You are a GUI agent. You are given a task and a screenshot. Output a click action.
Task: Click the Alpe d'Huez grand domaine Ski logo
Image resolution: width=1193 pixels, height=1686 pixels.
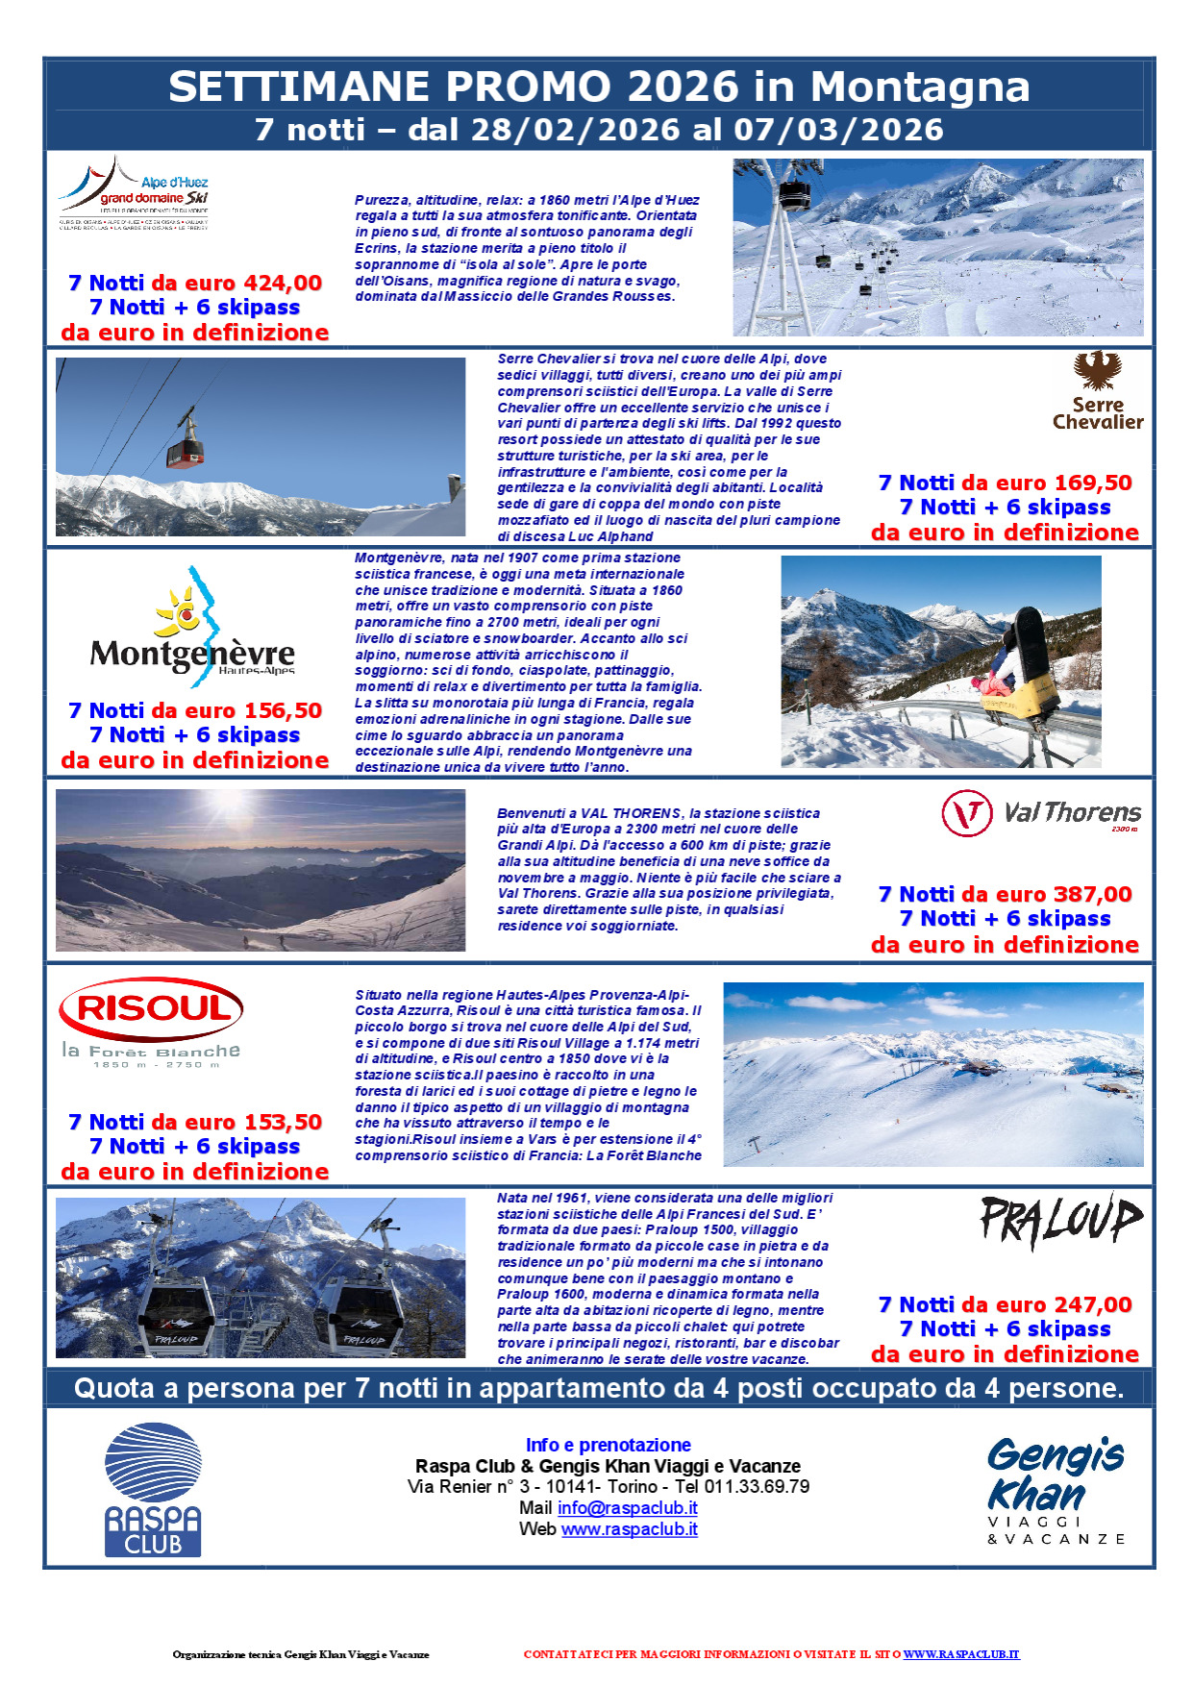pyautogui.click(x=135, y=195)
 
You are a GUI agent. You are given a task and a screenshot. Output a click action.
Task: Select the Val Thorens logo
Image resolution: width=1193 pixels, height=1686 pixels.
pyautogui.click(x=1041, y=813)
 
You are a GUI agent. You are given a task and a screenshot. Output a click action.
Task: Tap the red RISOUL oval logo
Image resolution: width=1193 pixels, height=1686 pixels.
pyautogui.click(x=151, y=1009)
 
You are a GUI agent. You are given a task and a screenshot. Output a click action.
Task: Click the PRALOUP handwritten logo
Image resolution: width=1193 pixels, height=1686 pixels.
pyautogui.click(x=1060, y=1221)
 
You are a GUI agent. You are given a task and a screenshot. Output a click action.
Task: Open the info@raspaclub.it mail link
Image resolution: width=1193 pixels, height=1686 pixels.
pyautogui.click(x=627, y=1508)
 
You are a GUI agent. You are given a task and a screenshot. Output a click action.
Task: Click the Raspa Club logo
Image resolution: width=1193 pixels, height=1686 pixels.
pyautogui.click(x=153, y=1489)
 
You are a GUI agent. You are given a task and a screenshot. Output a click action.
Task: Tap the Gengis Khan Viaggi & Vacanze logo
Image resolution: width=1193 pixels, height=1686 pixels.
pyautogui.click(x=1056, y=1489)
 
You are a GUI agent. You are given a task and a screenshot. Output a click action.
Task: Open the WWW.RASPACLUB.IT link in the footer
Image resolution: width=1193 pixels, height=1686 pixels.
pyautogui.click(x=960, y=1654)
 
